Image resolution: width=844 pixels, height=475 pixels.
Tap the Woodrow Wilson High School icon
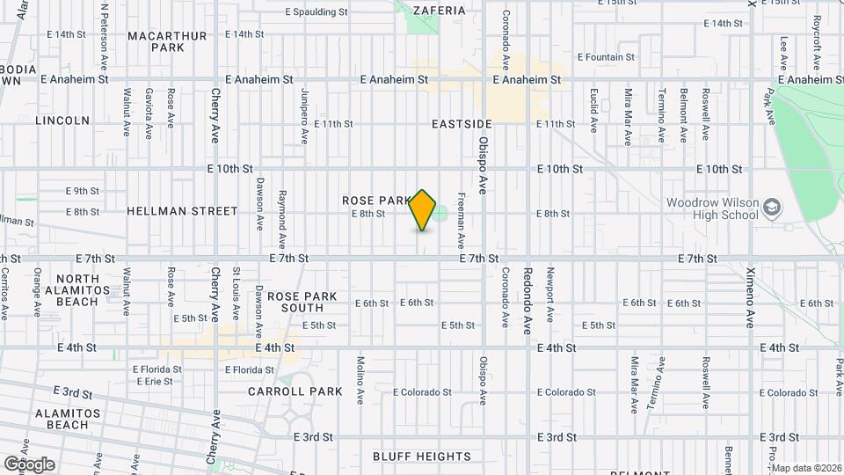(772, 208)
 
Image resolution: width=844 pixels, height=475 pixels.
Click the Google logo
(29, 464)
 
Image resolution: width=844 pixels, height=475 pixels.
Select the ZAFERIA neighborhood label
(437, 11)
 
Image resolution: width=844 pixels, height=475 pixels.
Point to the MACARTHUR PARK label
(167, 41)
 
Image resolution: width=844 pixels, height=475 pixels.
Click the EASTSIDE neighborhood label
(461, 124)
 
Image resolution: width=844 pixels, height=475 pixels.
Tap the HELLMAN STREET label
(182, 211)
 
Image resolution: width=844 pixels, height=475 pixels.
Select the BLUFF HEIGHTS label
(422, 457)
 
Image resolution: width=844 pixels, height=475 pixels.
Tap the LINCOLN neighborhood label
(62, 120)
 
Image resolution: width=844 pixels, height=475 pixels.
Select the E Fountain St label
(606, 57)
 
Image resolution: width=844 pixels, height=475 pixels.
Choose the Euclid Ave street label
(594, 113)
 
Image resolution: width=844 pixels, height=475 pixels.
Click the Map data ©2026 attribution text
(806, 468)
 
